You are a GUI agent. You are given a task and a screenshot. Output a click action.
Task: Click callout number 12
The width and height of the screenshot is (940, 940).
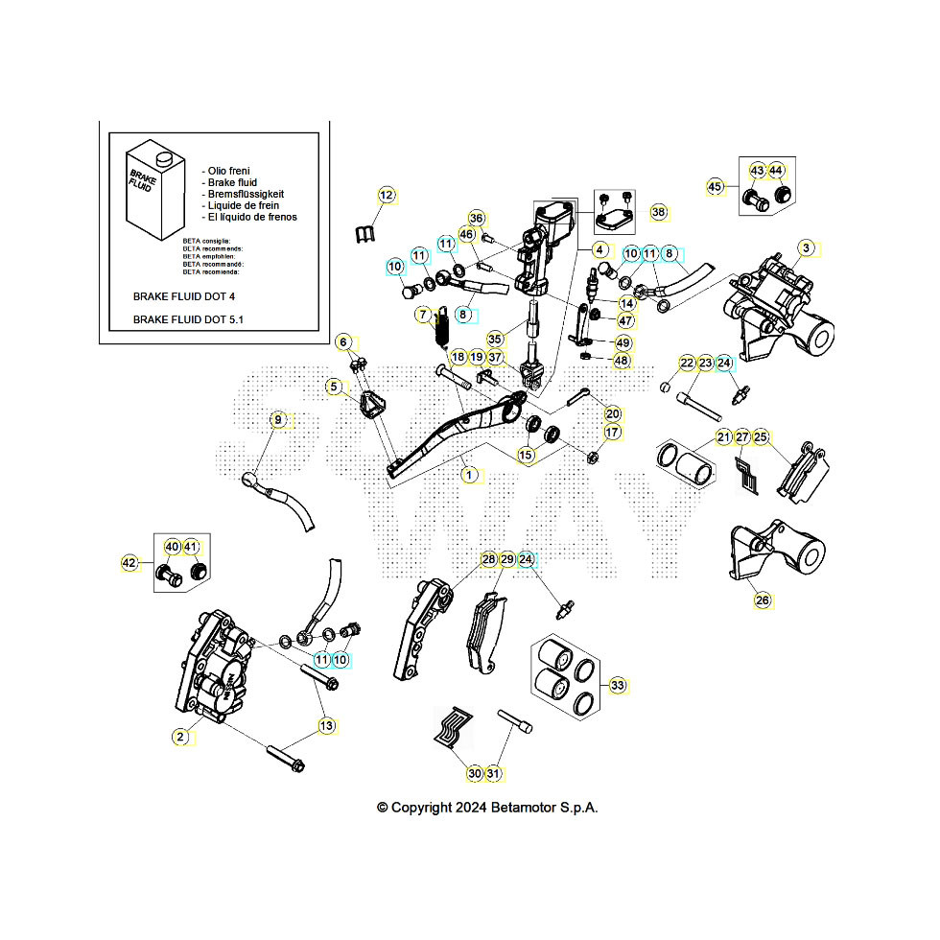pos(386,196)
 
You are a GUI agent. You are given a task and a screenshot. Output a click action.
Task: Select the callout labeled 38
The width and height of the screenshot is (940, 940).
pos(658,211)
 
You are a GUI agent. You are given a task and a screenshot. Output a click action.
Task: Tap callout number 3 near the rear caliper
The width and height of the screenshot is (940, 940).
pos(806,248)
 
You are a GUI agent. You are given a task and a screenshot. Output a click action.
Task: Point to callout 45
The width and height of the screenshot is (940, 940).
pos(715,186)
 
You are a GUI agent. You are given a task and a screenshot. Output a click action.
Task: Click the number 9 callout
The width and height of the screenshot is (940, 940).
pos(278,419)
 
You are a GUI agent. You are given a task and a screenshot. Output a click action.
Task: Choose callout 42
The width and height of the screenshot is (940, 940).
pos(129,564)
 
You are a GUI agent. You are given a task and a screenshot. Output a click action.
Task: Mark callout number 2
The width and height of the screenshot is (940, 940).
pos(180,737)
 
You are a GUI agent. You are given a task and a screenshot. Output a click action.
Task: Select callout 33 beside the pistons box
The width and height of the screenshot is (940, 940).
pos(618,685)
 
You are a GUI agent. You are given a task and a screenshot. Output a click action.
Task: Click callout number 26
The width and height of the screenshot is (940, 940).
pos(763,600)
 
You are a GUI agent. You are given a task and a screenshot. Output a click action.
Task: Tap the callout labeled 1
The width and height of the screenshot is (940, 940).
pos(468,474)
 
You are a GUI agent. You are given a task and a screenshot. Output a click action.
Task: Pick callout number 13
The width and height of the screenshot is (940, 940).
pos(327,726)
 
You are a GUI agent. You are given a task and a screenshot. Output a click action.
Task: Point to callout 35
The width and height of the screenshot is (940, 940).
pos(495,340)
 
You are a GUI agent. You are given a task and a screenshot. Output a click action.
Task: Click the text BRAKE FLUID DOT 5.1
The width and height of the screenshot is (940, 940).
pos(187,319)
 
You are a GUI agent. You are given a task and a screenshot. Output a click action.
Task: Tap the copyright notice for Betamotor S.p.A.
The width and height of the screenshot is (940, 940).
pos(487,808)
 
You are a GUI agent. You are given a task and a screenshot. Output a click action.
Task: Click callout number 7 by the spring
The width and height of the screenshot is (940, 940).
pos(423,315)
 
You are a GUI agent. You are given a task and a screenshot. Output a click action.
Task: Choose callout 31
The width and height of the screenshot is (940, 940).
pos(494,773)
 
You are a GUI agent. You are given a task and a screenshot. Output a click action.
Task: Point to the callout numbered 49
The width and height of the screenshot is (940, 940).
pos(623,343)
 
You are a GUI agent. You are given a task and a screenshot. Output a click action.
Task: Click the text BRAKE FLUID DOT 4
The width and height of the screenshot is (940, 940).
pos(183,296)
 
